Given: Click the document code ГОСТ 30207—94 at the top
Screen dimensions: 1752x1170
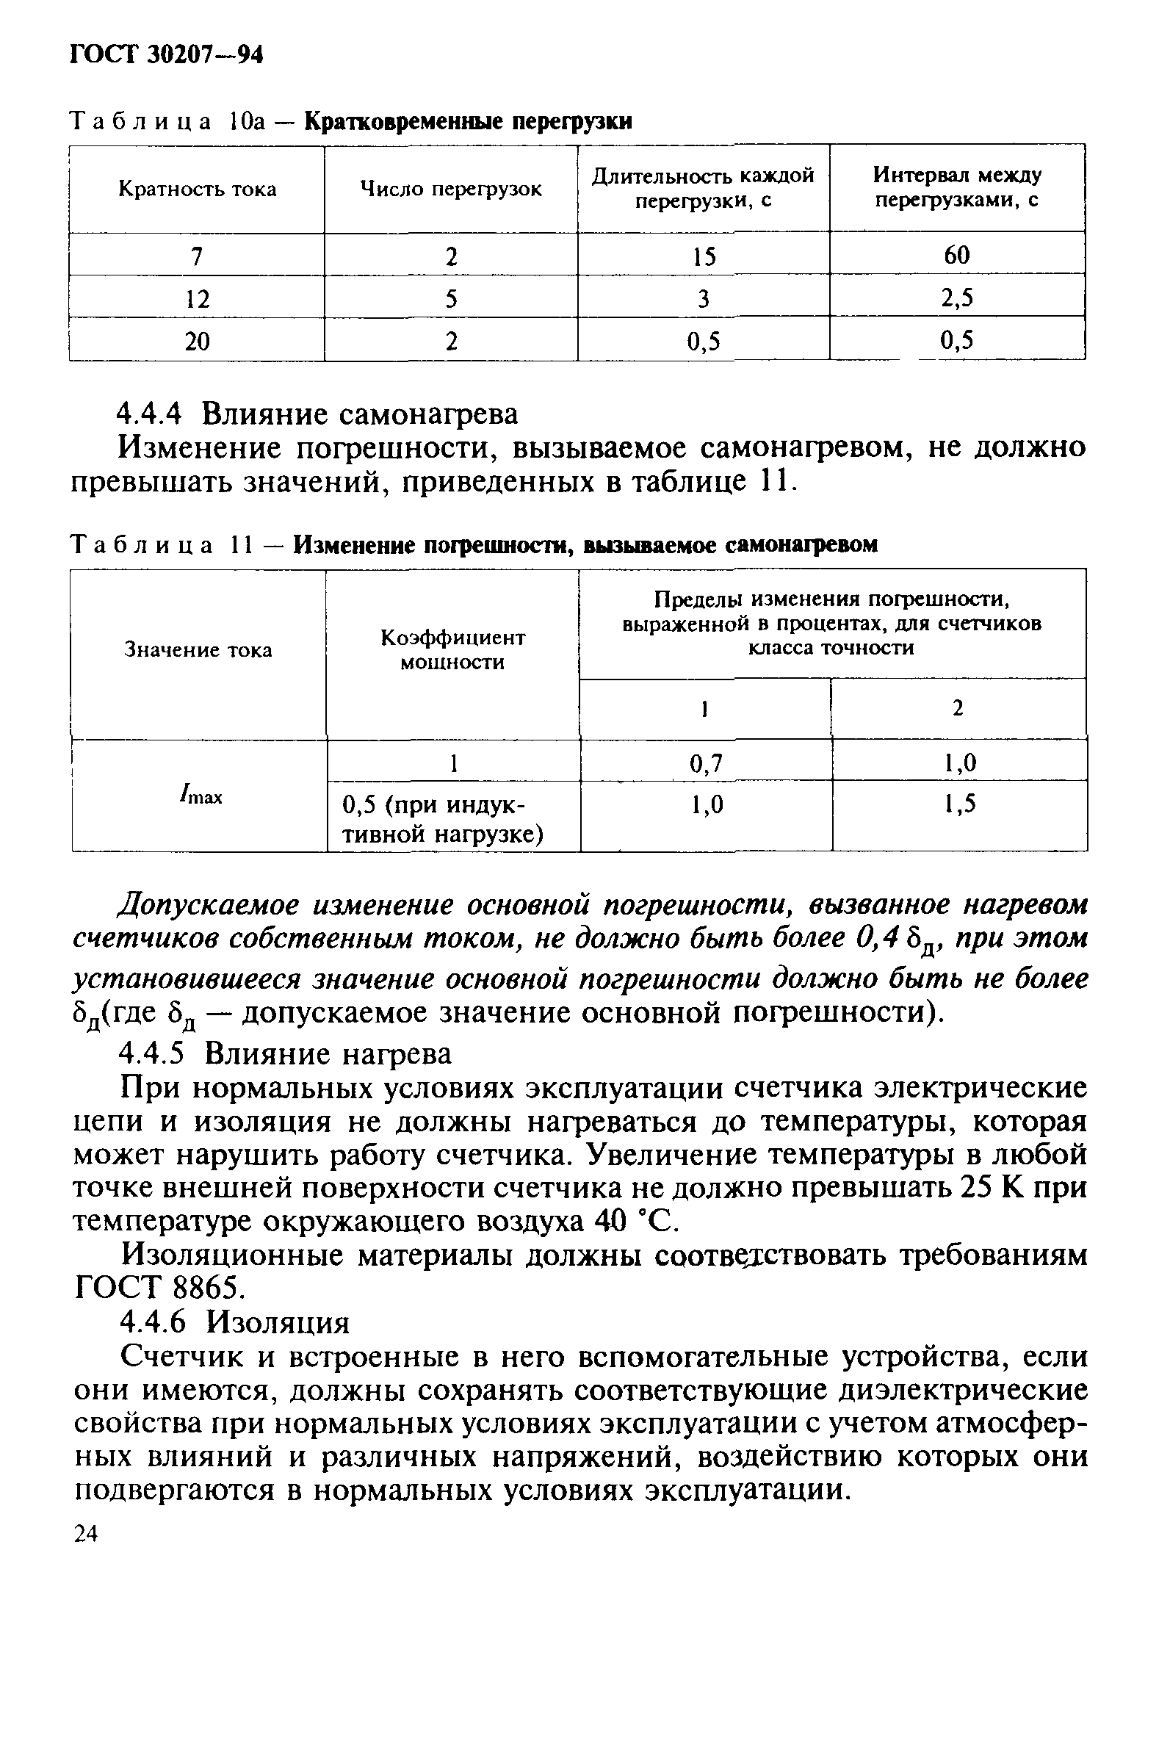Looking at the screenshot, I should point(166,55).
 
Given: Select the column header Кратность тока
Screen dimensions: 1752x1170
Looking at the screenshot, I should point(197,190).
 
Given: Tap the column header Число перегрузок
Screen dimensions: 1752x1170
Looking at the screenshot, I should point(451,190).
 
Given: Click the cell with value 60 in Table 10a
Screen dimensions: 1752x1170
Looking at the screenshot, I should point(956,255).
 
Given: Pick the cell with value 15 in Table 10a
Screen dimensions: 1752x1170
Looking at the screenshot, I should point(703,256).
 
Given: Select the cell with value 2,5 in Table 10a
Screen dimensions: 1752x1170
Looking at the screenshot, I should point(956,298).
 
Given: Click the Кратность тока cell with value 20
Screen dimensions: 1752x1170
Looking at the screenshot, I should point(197,342).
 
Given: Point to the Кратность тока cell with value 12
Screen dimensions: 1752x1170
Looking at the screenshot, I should point(197,299).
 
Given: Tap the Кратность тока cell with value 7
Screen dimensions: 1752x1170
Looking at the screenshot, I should point(196,256).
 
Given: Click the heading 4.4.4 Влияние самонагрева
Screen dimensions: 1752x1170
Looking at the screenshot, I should point(319,414).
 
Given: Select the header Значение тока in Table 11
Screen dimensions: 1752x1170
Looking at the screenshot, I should point(198,650).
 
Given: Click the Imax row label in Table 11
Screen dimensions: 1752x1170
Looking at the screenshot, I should point(200,796).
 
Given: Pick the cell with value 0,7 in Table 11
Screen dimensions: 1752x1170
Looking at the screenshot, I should point(706,763).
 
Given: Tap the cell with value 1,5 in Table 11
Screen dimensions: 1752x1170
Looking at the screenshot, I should point(958,804).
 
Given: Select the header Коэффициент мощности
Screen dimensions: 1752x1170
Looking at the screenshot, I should point(452,650).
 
